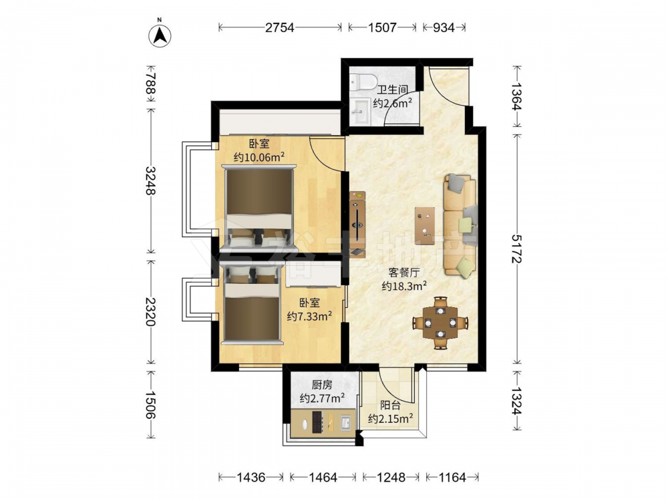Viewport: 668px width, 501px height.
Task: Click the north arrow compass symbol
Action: pos(160,35)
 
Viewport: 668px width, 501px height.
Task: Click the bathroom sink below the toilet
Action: pos(361,111)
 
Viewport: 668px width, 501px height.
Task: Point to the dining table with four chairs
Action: pos(440,323)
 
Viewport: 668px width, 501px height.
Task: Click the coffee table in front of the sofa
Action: pos(425,225)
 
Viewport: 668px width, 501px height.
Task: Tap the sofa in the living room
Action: pos(460,226)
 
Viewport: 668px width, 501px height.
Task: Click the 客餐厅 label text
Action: pos(404,273)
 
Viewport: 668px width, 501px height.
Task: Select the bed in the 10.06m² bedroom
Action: pos(259,208)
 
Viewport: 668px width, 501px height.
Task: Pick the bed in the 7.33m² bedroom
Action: pos(253,304)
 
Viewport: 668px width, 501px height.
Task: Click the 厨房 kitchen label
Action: pos(322,385)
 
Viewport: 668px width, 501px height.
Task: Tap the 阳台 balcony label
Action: pos(390,405)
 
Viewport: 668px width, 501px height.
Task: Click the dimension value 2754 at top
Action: pos(279,27)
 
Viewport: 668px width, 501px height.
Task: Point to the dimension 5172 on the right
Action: pos(517,248)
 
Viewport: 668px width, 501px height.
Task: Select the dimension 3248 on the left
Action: pos(150,180)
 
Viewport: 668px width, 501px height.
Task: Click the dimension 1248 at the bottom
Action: pos(391,477)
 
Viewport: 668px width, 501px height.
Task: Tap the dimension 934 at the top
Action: pos(444,27)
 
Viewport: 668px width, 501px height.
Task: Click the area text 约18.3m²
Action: pos(404,287)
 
